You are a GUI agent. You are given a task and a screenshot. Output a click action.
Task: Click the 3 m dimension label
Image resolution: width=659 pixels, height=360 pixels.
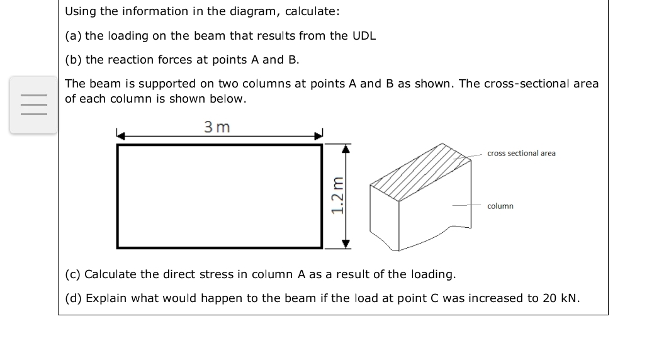coord(217,127)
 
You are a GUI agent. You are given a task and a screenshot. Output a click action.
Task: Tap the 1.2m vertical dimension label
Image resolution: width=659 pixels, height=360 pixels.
coord(338,196)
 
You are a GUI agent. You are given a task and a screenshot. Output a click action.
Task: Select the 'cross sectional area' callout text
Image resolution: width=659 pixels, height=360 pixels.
coord(521,153)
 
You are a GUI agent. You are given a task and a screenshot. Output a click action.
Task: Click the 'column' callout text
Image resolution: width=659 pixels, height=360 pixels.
coord(500,206)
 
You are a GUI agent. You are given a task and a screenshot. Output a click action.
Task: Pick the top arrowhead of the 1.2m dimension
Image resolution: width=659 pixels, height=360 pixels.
coord(345,149)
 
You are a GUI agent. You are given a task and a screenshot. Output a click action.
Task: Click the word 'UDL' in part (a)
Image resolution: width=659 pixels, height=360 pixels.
coord(364,35)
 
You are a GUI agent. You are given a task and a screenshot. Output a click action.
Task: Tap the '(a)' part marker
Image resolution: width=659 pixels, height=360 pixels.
coord(73,35)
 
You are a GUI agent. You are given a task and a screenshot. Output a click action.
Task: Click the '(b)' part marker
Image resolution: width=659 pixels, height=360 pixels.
coord(73,59)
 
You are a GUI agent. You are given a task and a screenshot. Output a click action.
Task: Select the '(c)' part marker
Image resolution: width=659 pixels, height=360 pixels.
coord(73,274)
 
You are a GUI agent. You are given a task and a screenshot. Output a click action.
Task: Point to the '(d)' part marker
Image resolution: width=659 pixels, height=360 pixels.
coord(73,298)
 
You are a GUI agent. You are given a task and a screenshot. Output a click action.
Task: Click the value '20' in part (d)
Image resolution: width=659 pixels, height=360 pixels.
coord(549,298)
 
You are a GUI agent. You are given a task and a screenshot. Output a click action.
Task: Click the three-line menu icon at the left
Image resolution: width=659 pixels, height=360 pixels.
coord(33,104)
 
